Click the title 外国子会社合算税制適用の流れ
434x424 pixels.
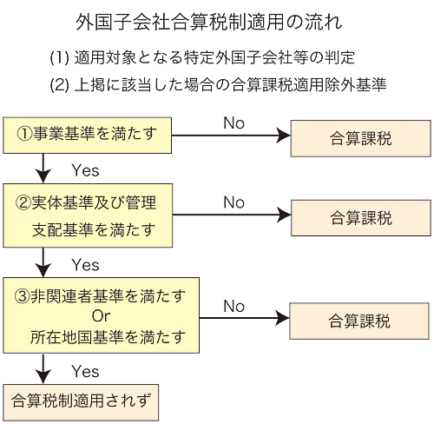209,22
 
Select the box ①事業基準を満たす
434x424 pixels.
87,136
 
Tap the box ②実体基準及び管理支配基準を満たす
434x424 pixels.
88,215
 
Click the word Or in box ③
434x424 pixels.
101,316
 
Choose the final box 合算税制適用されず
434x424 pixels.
81,402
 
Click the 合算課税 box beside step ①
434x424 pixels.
361,138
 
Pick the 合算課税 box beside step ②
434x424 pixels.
361,218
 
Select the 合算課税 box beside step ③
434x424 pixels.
359,321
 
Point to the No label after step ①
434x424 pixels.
233,123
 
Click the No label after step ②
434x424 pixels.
233,202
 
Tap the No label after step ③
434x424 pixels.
233,306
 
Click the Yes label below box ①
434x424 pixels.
85,170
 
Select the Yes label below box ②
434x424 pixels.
85,265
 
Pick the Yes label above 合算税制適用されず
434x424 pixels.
85,371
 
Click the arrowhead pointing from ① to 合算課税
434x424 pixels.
283,136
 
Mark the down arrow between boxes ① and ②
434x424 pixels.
43,169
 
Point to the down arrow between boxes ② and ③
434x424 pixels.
43,262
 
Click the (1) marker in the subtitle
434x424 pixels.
59,57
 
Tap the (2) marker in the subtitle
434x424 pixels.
59,85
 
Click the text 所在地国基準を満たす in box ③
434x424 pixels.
108,337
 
